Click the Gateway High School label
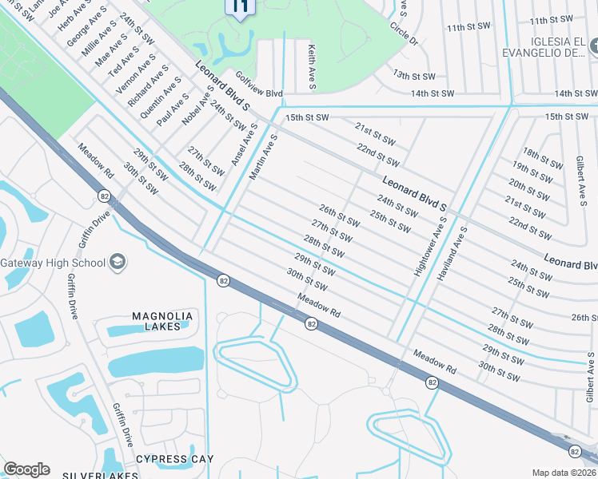pyautogui.click(x=53, y=263)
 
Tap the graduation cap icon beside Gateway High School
pyautogui.click(x=117, y=262)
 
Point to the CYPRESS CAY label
pyautogui.click(x=174, y=459)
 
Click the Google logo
pyautogui.click(x=26, y=469)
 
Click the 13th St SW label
pyautogui.click(x=413, y=74)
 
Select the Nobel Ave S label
pyautogui.click(x=197, y=105)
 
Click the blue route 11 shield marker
pyautogui.click(x=241, y=8)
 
